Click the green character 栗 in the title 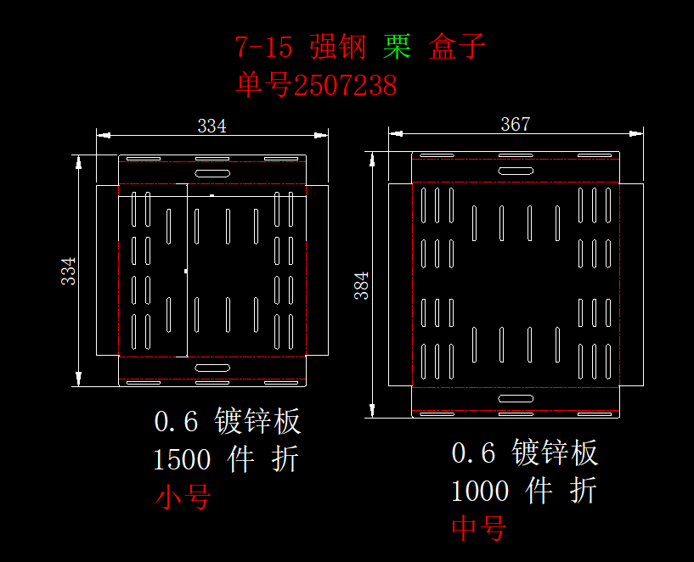[397, 47]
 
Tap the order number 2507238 [345, 85]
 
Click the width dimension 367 [515, 124]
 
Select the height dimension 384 [362, 285]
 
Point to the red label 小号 [183, 497]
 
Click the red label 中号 [479, 528]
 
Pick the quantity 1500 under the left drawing [182, 459]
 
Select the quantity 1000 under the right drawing [480, 491]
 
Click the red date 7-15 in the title [263, 47]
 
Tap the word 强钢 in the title [338, 47]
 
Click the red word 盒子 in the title [457, 46]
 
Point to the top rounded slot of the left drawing [212, 173]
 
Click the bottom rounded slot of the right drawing [516, 398]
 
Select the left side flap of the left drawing [108, 270]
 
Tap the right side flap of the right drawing [632, 284]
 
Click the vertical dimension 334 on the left [69, 271]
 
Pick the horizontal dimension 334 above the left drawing [212, 126]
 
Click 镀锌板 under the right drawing [555, 452]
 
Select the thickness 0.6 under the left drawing [176, 421]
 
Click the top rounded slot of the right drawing [516, 171]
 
